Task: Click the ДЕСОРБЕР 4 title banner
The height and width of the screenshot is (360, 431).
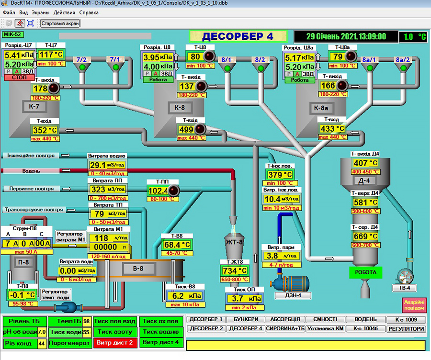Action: point(238,36)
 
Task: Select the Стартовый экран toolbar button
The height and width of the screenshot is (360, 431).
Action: point(60,23)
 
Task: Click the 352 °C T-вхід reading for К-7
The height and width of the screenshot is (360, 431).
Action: point(45,130)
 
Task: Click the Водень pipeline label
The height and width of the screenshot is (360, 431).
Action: point(32,171)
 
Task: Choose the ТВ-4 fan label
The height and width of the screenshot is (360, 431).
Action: point(405,288)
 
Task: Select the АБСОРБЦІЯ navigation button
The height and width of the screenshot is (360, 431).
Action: point(285,319)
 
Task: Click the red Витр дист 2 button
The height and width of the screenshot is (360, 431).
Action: point(114,343)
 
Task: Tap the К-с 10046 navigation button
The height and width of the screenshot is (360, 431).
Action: point(365,329)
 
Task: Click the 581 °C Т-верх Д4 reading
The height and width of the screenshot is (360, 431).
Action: point(365,202)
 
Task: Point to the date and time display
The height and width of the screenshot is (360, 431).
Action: point(346,36)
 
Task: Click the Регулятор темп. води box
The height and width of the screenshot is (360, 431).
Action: point(56,294)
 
